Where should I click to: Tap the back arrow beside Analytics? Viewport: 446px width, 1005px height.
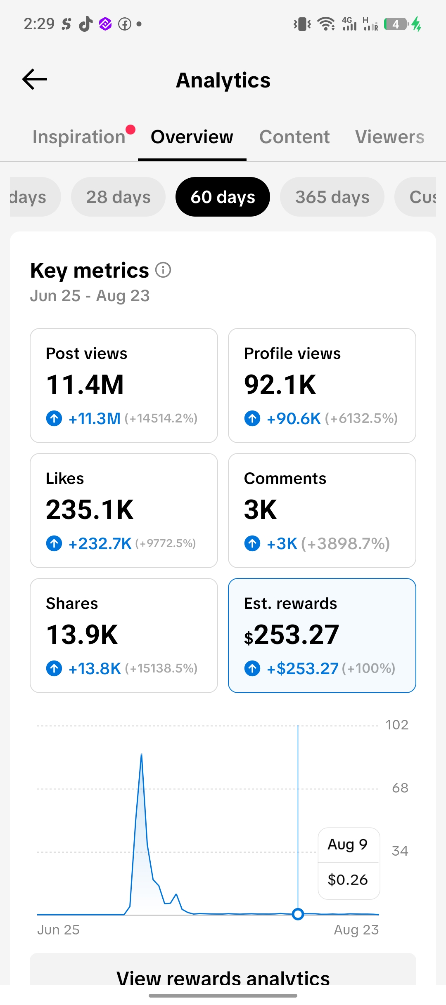coord(35,79)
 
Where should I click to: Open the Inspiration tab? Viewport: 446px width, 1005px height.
coord(79,137)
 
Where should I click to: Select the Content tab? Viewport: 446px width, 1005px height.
coord(294,137)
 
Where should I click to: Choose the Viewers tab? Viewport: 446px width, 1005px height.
coord(390,137)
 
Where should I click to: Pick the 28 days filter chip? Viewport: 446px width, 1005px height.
coord(118,197)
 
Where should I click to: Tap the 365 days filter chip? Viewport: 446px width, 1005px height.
coord(332,197)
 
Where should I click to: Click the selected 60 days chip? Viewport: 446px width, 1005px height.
coord(223,197)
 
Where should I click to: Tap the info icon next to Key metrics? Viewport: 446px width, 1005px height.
coord(163,270)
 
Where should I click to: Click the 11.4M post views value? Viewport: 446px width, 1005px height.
coord(85,385)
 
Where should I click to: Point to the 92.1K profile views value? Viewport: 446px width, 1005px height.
coord(280,385)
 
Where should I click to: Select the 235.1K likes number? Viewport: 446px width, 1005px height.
coord(90,510)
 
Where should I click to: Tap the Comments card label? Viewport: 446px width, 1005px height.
coord(285,479)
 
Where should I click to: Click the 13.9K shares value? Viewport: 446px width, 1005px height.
coord(82,635)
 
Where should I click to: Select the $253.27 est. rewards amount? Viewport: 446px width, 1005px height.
coord(292,635)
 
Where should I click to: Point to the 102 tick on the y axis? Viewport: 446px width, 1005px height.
coord(397,725)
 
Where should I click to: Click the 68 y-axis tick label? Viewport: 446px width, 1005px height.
coord(400,788)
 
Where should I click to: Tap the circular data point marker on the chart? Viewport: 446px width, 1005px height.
coord(298,914)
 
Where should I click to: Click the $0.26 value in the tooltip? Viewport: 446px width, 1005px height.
coord(348,880)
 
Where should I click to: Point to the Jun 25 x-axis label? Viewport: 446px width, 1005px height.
coord(58,930)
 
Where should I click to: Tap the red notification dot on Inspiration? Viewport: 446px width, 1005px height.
coord(130,130)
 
